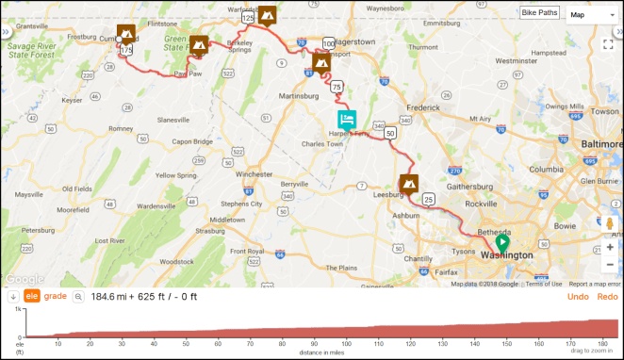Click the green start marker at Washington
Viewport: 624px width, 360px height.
(501, 241)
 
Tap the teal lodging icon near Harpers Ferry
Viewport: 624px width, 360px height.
(347, 120)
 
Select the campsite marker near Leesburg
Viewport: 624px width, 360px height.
(408, 183)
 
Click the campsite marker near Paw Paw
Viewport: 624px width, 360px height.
(199, 44)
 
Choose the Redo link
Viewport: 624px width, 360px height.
(607, 297)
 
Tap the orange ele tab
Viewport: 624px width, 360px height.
(31, 297)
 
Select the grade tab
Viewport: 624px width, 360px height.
(56, 297)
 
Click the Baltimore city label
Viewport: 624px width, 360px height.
(600, 142)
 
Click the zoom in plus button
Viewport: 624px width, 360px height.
(610, 247)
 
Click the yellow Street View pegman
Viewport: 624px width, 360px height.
(610, 223)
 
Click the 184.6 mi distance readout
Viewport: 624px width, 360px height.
(111, 297)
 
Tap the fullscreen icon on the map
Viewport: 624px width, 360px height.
(609, 43)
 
